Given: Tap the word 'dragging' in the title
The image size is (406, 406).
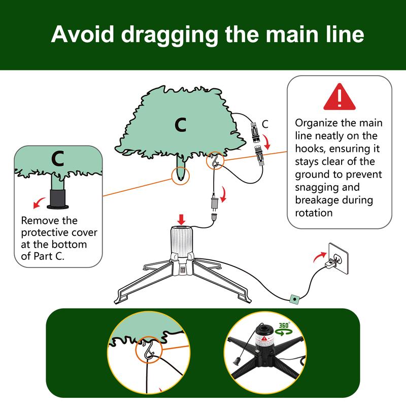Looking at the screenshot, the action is pyautogui.click(x=170, y=35).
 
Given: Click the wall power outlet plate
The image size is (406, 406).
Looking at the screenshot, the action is pyautogui.click(x=339, y=258).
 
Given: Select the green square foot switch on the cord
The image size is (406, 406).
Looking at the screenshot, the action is pyautogui.click(x=294, y=299).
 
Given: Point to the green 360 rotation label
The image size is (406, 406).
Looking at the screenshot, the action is pyautogui.click(x=284, y=329).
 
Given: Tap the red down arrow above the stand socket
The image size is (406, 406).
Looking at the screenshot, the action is pyautogui.click(x=181, y=220).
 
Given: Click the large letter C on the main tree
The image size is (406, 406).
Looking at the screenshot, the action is pyautogui.click(x=181, y=125).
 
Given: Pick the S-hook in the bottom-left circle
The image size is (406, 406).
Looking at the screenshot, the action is pyautogui.click(x=148, y=350).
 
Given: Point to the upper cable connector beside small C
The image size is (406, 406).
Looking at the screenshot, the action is pyautogui.click(x=255, y=132).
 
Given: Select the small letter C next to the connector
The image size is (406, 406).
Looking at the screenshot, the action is pyautogui.click(x=265, y=124).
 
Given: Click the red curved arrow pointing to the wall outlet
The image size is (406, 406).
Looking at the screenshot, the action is pyautogui.click(x=319, y=257).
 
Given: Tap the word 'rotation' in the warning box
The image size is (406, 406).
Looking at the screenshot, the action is pyautogui.click(x=314, y=213).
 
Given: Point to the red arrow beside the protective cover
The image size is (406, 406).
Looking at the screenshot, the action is pyautogui.click(x=39, y=202).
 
